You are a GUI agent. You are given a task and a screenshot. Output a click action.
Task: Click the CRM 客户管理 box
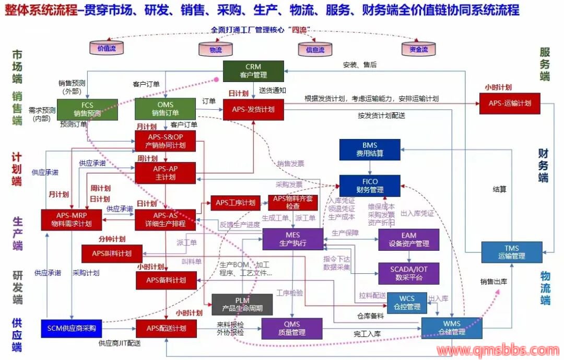(253, 71)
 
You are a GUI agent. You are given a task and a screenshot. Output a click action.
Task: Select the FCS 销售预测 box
(87, 109)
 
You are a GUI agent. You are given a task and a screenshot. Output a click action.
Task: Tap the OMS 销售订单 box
(165, 109)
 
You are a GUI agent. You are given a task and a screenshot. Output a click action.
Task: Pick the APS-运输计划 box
(510, 103)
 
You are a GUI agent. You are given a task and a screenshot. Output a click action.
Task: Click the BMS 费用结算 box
(369, 149)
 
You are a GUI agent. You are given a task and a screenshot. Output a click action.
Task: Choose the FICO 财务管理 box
(370, 186)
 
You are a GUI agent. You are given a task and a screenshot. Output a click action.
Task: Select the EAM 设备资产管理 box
(409, 239)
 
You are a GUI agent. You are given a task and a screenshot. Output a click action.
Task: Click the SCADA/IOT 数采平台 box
(409, 273)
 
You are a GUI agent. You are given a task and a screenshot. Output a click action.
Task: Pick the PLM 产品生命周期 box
(242, 305)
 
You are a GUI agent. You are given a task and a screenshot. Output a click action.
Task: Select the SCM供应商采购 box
(72, 328)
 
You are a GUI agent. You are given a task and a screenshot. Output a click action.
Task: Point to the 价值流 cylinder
(107, 48)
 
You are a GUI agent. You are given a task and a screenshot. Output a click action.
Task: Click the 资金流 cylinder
(418, 49)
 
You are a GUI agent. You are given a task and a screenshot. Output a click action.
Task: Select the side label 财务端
(544, 165)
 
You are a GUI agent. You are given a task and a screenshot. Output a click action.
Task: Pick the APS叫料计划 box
(112, 253)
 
